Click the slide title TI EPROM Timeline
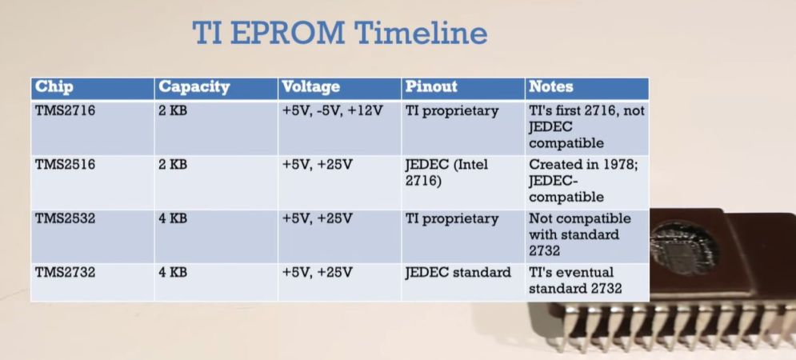[x=340, y=33]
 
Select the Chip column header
[x=54, y=87]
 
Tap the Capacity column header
[x=194, y=87]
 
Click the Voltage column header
[x=310, y=87]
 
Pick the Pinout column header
[x=431, y=87]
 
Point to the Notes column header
[x=551, y=87]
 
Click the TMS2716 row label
[x=65, y=110]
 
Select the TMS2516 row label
[x=65, y=164]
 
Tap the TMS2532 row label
[x=65, y=218]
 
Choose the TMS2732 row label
[x=65, y=272]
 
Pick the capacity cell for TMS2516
[x=173, y=164]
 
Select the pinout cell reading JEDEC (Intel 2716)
[x=446, y=172]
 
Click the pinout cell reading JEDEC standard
[x=458, y=272]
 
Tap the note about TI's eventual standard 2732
[x=575, y=280]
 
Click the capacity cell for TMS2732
[x=173, y=272]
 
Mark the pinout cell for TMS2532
[x=452, y=219]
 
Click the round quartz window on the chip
[x=682, y=246]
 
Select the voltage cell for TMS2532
[x=317, y=218]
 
